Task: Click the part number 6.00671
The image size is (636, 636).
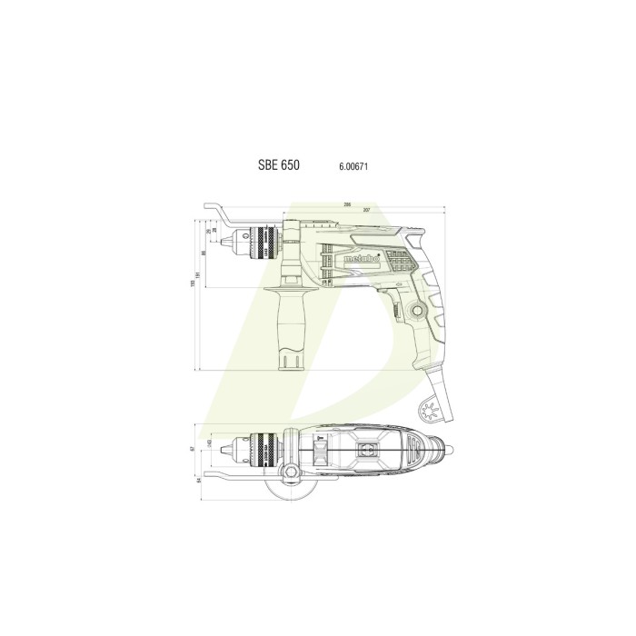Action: (x=353, y=167)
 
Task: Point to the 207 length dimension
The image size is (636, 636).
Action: (x=366, y=211)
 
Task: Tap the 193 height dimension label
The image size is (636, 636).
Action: (x=193, y=289)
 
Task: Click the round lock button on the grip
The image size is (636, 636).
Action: (x=419, y=311)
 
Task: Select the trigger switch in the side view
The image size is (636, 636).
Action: (x=398, y=308)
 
